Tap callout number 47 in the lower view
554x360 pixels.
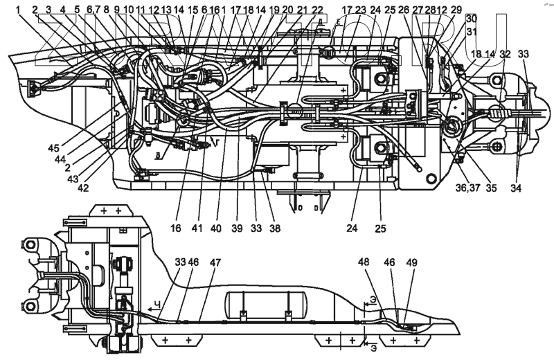point(216,263)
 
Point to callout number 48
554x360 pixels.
point(364,263)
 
